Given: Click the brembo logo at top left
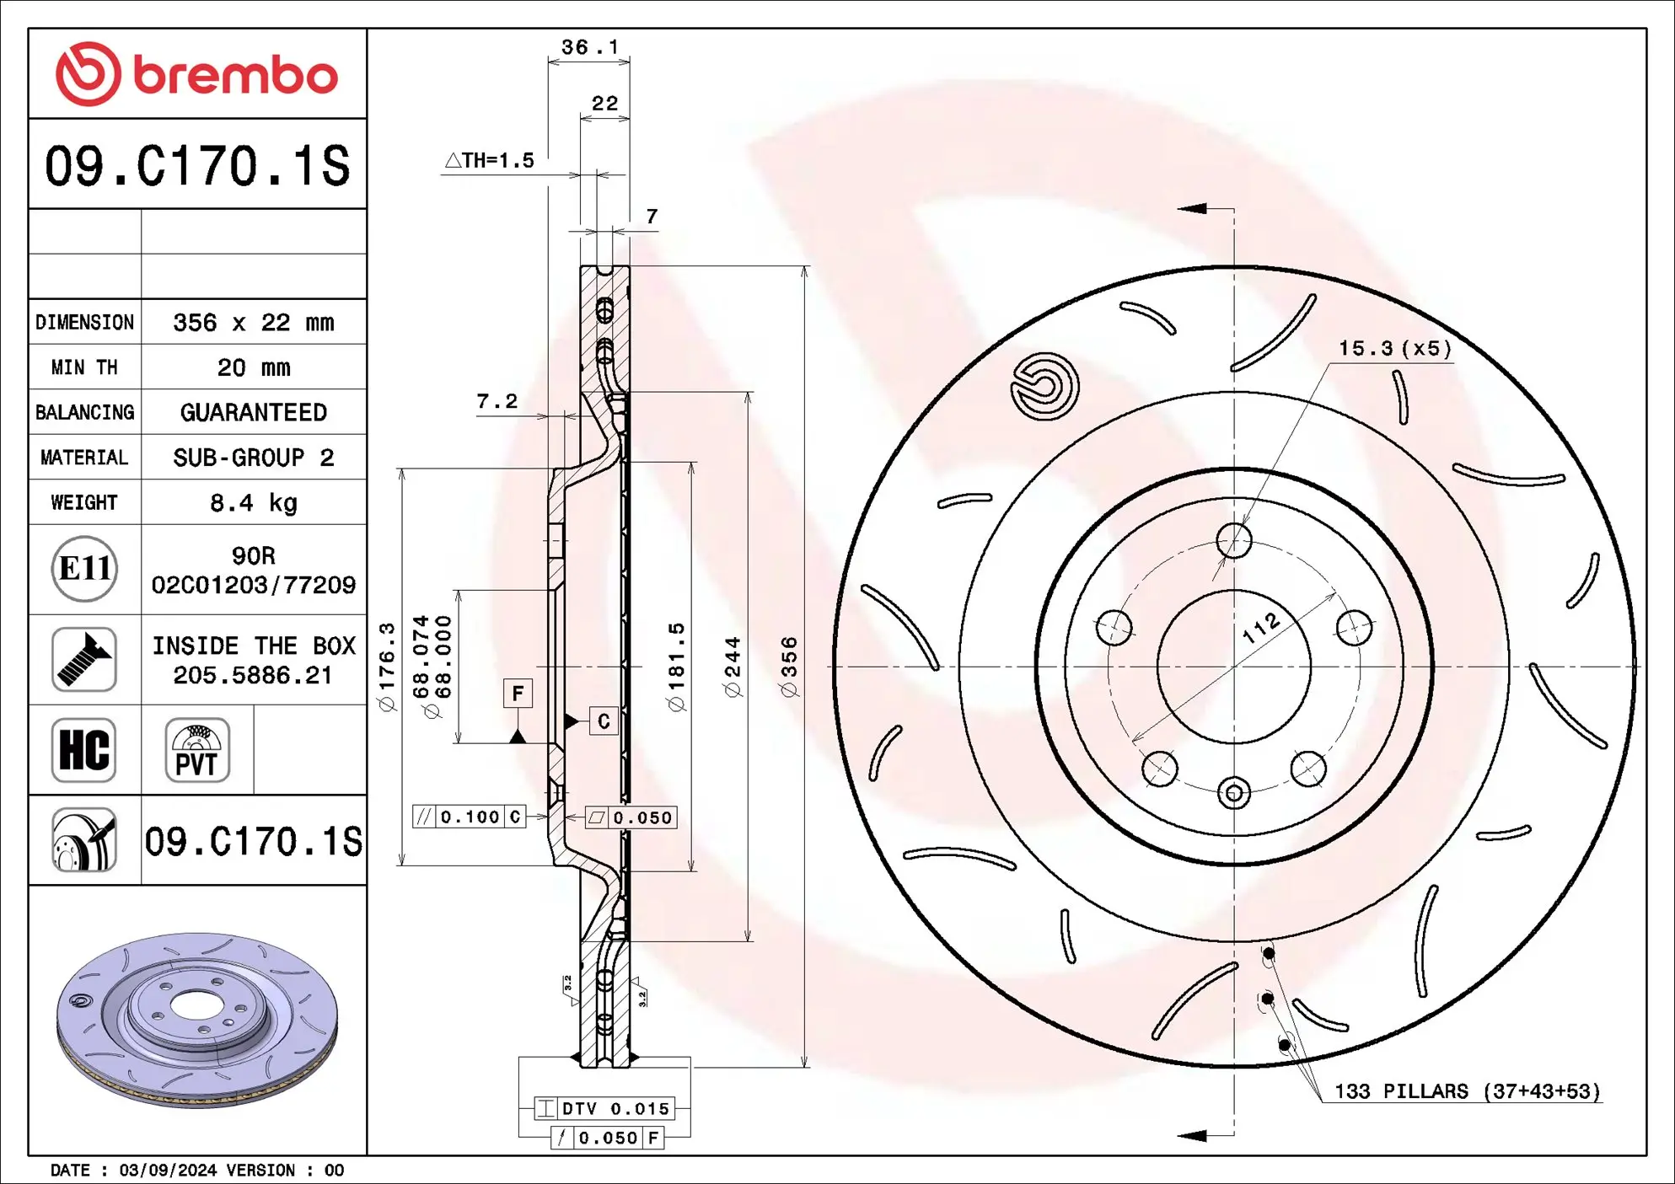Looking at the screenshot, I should tap(196, 74).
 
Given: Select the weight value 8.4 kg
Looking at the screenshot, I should tap(253, 503).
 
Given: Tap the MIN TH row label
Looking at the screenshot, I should tap(84, 367).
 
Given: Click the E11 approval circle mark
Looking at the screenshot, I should tap(84, 569).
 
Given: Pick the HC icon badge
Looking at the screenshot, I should tap(83, 750).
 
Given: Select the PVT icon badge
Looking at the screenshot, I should tap(197, 750).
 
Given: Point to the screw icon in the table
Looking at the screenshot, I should tap(83, 659).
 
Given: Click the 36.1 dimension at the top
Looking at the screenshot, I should tap(589, 47).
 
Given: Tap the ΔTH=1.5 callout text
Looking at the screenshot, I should tap(490, 160).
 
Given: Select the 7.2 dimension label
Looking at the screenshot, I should tap(497, 402).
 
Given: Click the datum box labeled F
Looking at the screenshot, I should tap(518, 694).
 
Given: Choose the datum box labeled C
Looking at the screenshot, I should tap(604, 721).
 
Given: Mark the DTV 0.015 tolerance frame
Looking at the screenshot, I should tap(604, 1108).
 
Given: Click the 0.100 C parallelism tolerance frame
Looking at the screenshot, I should tap(470, 817).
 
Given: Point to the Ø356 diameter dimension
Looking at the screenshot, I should tap(789, 666).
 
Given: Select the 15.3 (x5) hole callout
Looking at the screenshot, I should tap(1395, 349).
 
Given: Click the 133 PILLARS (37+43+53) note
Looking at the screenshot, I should tap(1467, 1091).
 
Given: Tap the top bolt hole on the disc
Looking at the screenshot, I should tap(1234, 540).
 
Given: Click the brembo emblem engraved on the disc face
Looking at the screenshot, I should tap(1044, 386).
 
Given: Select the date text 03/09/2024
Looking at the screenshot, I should tap(168, 1171).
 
